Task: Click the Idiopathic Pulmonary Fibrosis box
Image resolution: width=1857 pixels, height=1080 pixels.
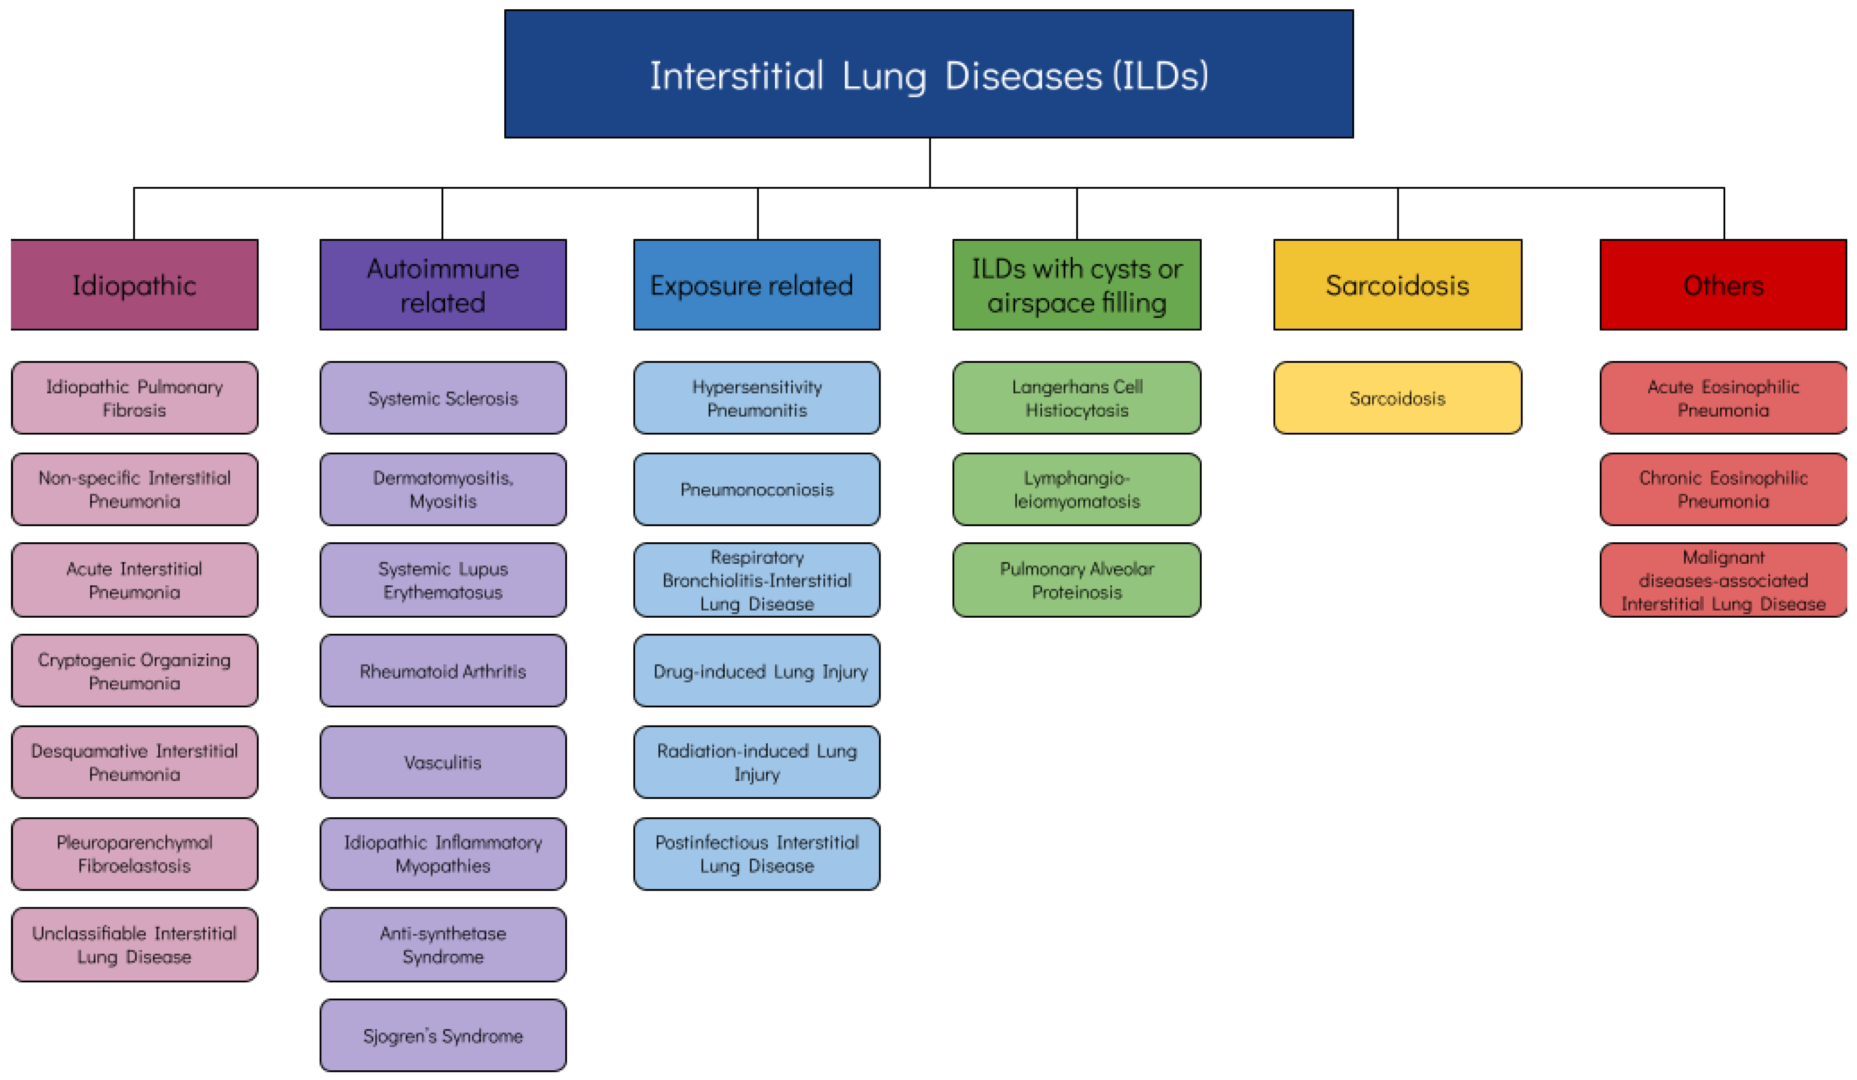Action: (134, 398)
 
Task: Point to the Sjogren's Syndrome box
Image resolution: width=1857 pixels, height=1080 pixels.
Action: (443, 1036)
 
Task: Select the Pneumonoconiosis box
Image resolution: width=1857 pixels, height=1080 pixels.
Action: (757, 490)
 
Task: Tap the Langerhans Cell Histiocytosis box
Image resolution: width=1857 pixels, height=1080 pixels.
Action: (1077, 398)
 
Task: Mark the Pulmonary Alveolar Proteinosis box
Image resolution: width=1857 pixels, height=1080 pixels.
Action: (1077, 580)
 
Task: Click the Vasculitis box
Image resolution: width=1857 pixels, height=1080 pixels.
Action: (443, 762)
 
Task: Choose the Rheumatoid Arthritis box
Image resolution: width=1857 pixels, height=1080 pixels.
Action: (443, 671)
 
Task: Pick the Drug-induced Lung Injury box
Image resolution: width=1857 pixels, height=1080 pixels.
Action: (757, 671)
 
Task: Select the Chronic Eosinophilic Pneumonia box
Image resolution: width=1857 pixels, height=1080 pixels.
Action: (1723, 490)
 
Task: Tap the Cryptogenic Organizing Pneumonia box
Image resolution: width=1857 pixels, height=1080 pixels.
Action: (134, 671)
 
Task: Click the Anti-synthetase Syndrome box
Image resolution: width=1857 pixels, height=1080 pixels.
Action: (443, 944)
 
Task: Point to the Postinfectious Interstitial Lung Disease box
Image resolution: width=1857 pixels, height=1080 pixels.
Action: (757, 853)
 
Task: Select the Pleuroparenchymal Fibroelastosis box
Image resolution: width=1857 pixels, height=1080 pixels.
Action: (134, 853)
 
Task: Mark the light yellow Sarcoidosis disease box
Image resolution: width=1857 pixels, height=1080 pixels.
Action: (1397, 398)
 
